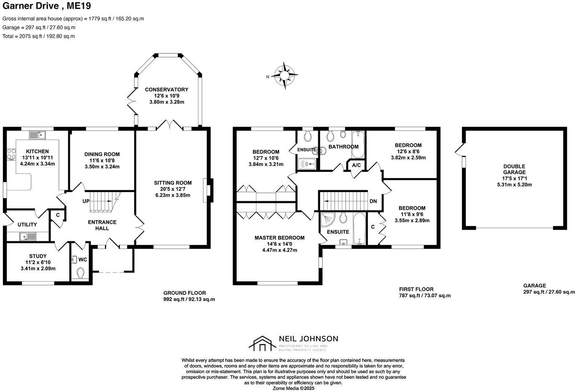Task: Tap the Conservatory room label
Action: (166, 90)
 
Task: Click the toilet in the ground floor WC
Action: (81, 274)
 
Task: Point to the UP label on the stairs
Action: (86, 201)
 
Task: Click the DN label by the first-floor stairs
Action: (373, 201)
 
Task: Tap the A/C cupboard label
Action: (356, 165)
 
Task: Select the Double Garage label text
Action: (514, 169)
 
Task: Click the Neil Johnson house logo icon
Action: (262, 344)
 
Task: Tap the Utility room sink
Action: (28, 237)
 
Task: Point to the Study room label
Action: (38, 256)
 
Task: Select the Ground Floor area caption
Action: (184, 293)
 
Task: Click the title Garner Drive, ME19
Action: (46, 6)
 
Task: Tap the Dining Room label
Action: (102, 154)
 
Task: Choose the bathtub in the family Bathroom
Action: (358, 143)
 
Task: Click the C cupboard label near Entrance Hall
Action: (58, 215)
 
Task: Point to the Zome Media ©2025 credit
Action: (293, 388)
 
